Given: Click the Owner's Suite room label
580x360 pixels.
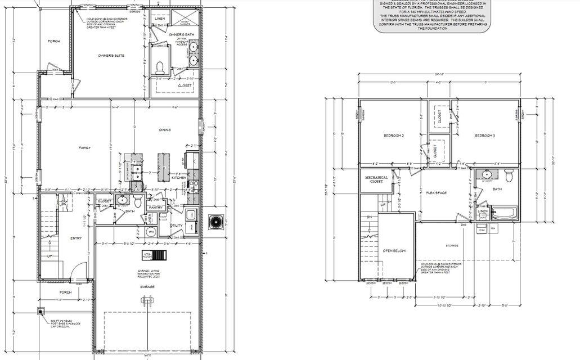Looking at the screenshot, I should pos(111,56).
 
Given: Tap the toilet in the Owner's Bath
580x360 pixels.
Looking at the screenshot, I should pos(160,67).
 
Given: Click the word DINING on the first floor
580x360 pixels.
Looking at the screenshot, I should pos(165,130).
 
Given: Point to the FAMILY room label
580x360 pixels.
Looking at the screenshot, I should pos(84,148).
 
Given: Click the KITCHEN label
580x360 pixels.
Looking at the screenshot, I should pos(179,178).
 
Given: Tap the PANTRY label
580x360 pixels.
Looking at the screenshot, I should pos(154,208).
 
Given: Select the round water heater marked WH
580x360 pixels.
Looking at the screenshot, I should pos(151,231).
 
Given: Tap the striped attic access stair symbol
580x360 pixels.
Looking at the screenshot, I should pos(160,256).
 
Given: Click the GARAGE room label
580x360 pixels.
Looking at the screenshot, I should pos(147,287).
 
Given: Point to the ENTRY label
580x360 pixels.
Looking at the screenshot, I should pos(76,238).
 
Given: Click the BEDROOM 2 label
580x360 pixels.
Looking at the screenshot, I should pos(394,136).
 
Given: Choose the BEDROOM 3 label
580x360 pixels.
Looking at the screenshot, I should pos(485,136).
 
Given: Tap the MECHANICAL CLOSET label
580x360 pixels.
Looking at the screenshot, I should pos(376,179).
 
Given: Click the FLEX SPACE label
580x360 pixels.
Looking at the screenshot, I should pos(436,192).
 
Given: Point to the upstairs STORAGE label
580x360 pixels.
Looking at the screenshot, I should pos(452,245).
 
